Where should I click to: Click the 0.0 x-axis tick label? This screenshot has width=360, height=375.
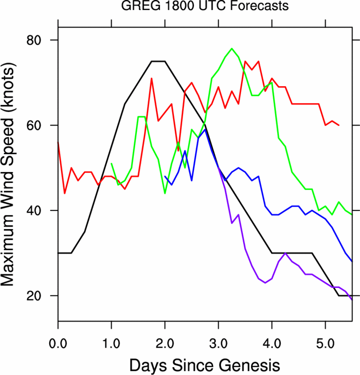click(58, 345)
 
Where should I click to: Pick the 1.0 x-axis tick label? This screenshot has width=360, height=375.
click(111, 345)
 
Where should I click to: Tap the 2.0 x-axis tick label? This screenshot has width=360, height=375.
click(165, 345)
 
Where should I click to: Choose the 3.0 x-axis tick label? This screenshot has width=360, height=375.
click(218, 345)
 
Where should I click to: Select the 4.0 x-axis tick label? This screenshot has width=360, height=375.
click(272, 345)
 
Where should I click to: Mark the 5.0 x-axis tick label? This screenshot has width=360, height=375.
click(325, 345)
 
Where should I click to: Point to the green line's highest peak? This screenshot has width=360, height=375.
click(232, 48)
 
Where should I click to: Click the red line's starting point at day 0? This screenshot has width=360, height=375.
click(58, 142)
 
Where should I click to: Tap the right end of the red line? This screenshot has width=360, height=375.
click(339, 125)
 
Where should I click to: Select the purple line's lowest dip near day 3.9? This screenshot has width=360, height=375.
click(265, 283)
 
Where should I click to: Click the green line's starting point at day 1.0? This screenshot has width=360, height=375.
click(111, 164)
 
